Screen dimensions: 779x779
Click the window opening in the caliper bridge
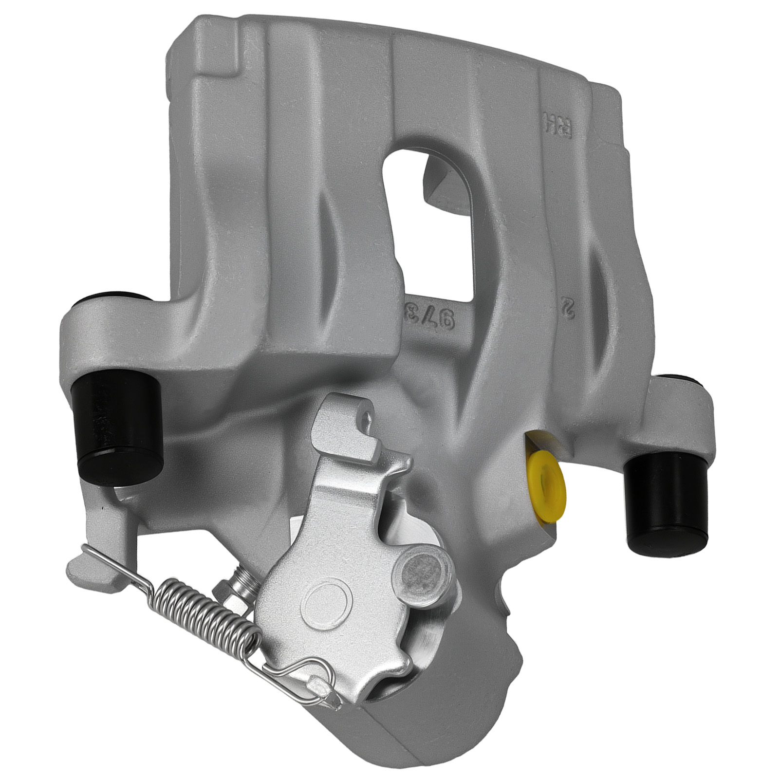(x=428, y=229)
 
